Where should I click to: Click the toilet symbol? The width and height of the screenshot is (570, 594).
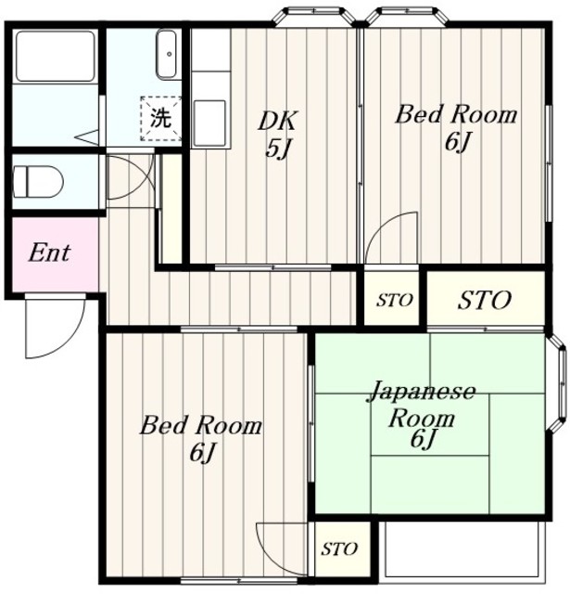click(x=38, y=182)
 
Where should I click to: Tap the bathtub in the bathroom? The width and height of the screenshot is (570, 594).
click(x=56, y=56)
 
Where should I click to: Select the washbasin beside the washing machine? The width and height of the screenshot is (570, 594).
click(x=167, y=55)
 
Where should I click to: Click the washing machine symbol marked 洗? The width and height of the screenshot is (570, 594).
click(x=161, y=119)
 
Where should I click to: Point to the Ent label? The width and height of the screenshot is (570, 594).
click(x=49, y=253)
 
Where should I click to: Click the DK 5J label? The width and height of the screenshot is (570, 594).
click(x=278, y=134)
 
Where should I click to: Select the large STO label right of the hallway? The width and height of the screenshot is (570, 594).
click(x=485, y=301)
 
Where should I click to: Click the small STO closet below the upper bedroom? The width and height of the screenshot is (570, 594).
click(x=392, y=298)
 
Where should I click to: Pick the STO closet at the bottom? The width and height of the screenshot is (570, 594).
click(x=339, y=549)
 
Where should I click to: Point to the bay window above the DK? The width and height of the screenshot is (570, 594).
click(x=315, y=15)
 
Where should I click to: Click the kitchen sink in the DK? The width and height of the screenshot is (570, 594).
click(x=209, y=123)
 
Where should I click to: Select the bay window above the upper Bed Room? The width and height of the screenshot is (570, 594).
click(x=407, y=15)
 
